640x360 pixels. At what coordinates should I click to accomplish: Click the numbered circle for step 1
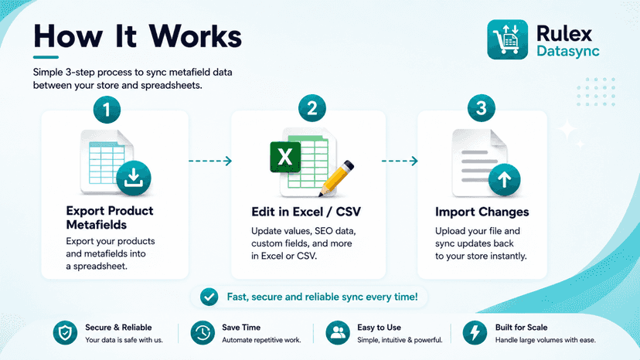point(107,110)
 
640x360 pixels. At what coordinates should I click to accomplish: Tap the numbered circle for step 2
point(312,108)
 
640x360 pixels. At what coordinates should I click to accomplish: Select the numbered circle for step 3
point(482,108)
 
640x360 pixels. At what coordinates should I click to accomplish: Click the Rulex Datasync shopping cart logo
point(507,39)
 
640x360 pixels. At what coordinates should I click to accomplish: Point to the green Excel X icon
point(285,156)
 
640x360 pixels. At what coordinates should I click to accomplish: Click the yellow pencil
point(336,178)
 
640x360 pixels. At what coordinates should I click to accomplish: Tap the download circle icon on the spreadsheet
point(134,178)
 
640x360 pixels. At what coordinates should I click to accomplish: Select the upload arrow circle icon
point(505,179)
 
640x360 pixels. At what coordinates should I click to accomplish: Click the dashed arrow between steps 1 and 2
point(210,161)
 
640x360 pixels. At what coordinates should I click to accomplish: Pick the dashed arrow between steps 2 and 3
point(400,161)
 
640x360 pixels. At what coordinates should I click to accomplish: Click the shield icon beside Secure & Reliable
point(65,333)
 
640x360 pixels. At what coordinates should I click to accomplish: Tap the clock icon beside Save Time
point(203,333)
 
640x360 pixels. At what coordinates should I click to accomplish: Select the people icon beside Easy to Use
point(338,333)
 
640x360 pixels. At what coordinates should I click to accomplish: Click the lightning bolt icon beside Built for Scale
point(475,333)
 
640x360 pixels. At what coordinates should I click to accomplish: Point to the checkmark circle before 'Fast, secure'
point(209,297)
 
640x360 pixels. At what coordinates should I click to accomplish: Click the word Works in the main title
point(195,36)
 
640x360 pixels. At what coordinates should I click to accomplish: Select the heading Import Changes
point(482,212)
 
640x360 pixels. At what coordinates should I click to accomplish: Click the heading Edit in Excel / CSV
point(306,212)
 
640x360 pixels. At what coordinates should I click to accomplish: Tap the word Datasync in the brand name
point(568,51)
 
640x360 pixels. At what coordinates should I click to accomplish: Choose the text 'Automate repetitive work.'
point(261,340)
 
